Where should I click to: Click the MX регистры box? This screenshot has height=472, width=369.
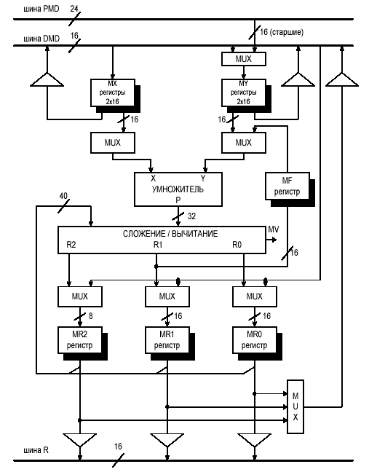pyautogui.click(x=113, y=93)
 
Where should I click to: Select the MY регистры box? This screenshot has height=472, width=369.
pyautogui.click(x=244, y=93)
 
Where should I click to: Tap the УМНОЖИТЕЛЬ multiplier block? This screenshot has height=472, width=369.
pyautogui.click(x=178, y=189)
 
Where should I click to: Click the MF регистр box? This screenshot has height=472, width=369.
pyautogui.click(x=287, y=186)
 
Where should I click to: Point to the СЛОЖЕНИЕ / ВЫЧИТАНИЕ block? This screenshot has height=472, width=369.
pyautogui.click(x=162, y=240)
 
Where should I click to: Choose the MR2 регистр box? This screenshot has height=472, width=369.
pyautogui.click(x=80, y=340)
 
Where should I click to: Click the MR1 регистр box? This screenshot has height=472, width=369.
pyautogui.click(x=167, y=340)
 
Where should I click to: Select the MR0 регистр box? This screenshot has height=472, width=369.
pyautogui.click(x=255, y=340)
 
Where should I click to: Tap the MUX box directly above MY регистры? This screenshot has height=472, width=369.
pyautogui.click(x=244, y=59)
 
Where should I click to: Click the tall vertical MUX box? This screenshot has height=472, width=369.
pyautogui.click(x=295, y=406)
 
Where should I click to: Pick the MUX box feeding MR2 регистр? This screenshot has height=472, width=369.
pyautogui.click(x=80, y=296)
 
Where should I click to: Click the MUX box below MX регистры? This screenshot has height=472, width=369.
pyautogui.click(x=113, y=143)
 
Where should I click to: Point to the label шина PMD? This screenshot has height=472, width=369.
pyautogui.click(x=41, y=9)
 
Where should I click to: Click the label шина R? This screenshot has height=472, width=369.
pyautogui.click(x=36, y=450)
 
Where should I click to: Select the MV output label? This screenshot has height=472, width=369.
pyautogui.click(x=274, y=229)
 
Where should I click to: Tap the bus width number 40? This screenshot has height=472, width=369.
pyautogui.click(x=63, y=196)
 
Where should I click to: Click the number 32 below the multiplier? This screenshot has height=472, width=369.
pyautogui.click(x=191, y=216)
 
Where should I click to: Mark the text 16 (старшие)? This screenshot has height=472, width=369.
pyautogui.click(x=282, y=32)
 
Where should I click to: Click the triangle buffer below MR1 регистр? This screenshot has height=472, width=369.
pyautogui.click(x=167, y=440)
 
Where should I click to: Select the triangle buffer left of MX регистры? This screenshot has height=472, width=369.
pyautogui.click(x=47, y=80)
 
